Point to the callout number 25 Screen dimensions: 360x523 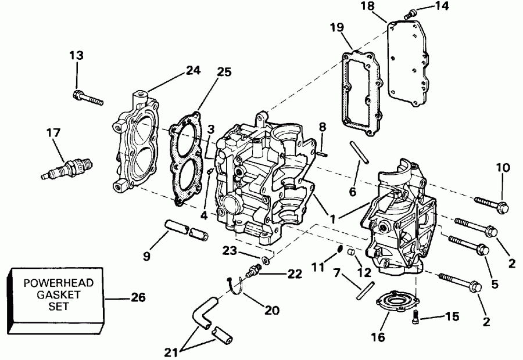point(223,73)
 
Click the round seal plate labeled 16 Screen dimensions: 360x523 point(399,302)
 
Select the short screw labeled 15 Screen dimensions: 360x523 point(415,317)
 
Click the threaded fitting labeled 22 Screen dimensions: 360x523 point(255,270)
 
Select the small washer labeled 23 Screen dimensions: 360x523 point(265,258)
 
